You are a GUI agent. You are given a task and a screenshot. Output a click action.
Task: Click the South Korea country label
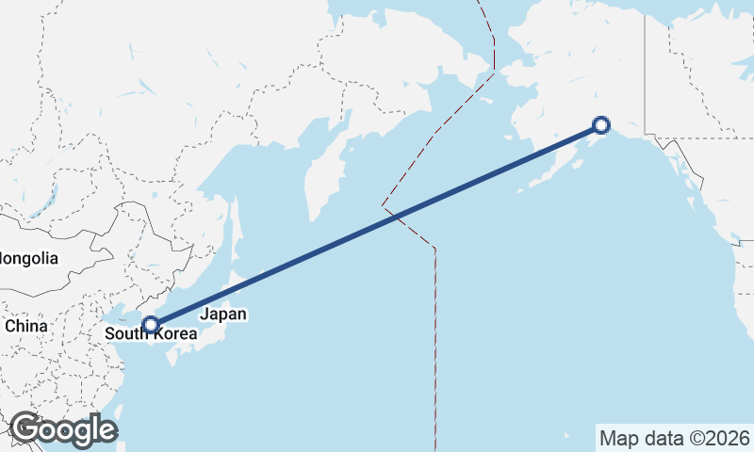pyautogui.click(x=151, y=333)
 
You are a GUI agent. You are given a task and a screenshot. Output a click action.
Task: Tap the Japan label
pyautogui.click(x=223, y=315)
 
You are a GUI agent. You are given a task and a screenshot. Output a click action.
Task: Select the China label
pyautogui.click(x=26, y=326)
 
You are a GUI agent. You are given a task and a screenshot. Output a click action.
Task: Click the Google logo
pyautogui.click(x=63, y=429)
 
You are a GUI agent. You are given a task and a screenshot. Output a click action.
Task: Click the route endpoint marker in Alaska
pyautogui.click(x=601, y=124)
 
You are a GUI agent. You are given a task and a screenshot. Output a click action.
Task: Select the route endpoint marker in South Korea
pyautogui.click(x=150, y=325)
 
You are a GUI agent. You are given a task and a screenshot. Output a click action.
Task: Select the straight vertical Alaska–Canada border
pyautogui.click(x=645, y=66)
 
